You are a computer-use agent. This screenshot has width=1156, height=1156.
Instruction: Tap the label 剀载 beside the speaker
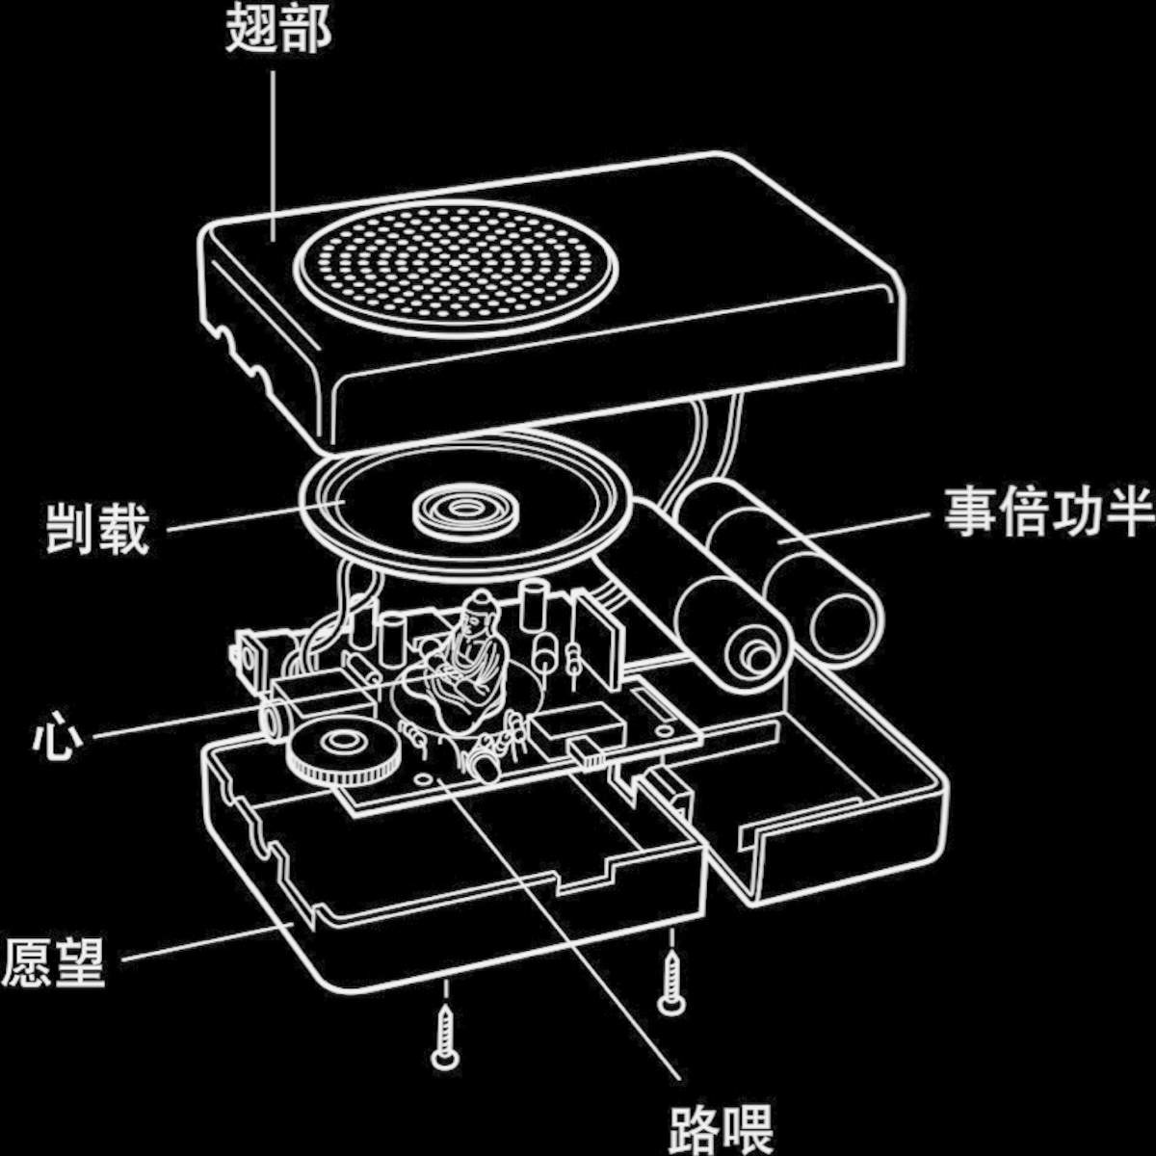[98, 528]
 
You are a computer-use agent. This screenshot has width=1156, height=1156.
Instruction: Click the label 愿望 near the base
[53, 962]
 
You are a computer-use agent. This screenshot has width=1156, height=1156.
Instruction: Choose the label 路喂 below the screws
[721, 1128]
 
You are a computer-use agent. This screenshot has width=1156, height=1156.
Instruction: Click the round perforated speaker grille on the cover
[454, 267]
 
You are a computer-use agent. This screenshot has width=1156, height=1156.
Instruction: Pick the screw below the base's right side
[671, 982]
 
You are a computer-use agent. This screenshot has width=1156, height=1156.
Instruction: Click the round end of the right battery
[845, 626]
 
